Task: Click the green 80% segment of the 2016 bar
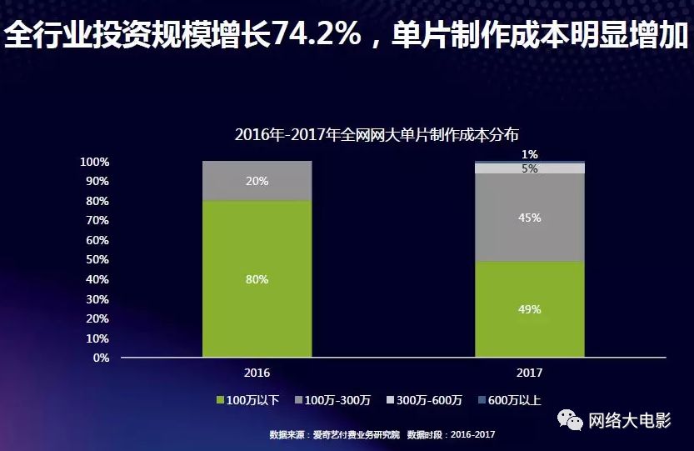(257, 279)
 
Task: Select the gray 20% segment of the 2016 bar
(257, 181)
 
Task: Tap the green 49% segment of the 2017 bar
(530, 309)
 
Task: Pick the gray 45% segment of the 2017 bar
(530, 218)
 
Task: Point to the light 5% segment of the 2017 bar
(530, 168)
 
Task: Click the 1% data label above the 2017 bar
(530, 154)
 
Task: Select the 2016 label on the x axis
(257, 373)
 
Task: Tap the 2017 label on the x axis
(530, 373)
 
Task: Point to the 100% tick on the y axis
(95, 161)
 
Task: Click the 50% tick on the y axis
(97, 259)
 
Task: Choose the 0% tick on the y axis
(100, 358)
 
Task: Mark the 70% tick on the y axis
(97, 220)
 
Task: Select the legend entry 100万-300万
(337, 400)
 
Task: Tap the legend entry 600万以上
(509, 400)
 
